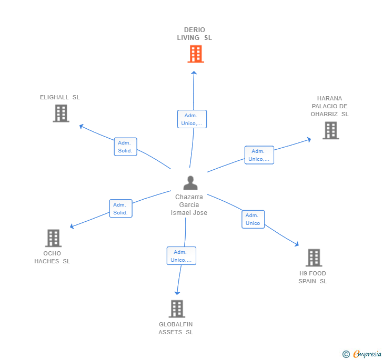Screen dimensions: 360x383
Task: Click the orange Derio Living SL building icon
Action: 195,54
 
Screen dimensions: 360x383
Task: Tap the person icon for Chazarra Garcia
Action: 190,182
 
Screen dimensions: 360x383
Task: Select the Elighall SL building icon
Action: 61,113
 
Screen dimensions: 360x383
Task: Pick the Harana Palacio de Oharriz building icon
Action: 330,130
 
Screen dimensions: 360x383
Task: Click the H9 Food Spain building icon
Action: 314,258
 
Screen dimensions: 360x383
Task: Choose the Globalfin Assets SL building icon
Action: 177,308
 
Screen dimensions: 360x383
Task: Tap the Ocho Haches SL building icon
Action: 53,238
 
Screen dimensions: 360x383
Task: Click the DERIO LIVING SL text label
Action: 195,34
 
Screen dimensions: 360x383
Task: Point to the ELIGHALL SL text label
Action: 60,97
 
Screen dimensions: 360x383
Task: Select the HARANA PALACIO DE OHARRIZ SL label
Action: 330,106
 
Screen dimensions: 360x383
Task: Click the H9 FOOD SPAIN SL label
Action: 313,277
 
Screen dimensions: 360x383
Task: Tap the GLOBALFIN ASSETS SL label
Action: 176,328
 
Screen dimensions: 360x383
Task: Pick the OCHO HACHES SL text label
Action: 52,258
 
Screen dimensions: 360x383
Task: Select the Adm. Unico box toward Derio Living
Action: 192,119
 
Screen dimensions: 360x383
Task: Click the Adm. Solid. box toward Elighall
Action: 125,147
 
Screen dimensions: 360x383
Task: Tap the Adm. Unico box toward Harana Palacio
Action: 259,155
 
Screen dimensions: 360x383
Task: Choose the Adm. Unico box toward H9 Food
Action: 253,219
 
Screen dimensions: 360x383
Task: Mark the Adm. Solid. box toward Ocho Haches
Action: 120,209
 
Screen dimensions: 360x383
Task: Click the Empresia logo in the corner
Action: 362,354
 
